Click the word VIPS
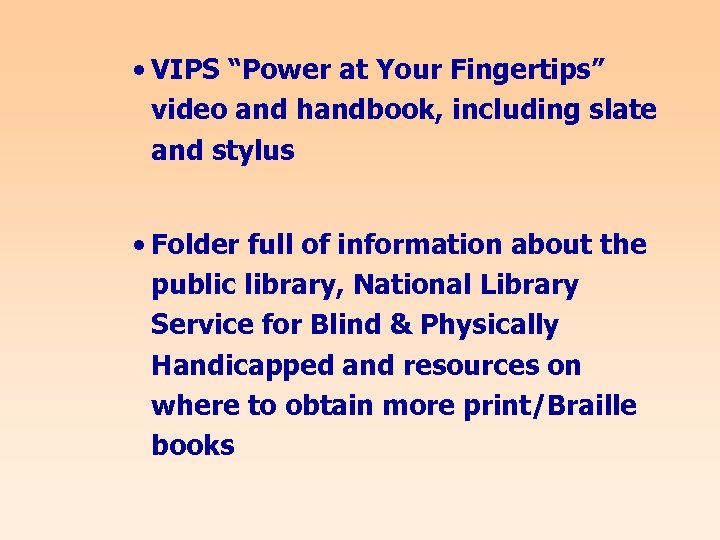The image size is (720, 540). click(x=187, y=70)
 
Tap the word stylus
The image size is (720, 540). click(x=258, y=151)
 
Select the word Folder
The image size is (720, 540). click(x=196, y=245)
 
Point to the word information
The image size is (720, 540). click(x=419, y=245)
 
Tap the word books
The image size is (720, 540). click(x=193, y=446)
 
